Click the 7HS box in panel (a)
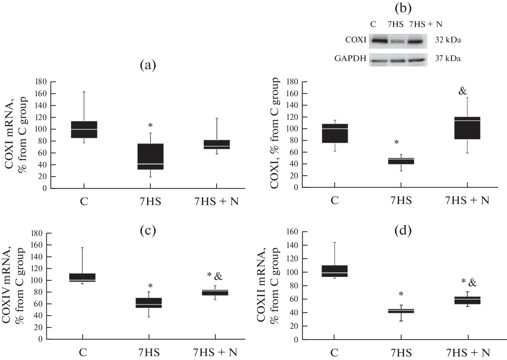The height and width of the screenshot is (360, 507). (x=150, y=156)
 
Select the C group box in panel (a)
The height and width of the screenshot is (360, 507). (x=84, y=130)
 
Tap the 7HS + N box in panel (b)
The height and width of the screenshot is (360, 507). (x=467, y=128)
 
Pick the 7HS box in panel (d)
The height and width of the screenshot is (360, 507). (x=401, y=311)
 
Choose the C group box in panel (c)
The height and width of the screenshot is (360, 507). (x=83, y=277)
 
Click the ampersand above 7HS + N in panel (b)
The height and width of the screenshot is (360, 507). (x=463, y=91)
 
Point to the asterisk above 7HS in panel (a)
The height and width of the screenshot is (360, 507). (x=150, y=125)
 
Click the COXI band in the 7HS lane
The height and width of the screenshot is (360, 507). (x=397, y=42)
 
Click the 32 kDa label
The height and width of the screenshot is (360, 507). (x=448, y=40)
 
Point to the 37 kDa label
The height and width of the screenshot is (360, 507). (x=448, y=59)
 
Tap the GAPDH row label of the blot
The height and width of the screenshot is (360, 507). (x=350, y=59)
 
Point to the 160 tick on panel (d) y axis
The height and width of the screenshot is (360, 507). (x=292, y=232)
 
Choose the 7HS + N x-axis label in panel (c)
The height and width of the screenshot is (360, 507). (x=215, y=352)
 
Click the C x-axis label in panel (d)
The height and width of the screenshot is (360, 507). (x=334, y=352)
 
